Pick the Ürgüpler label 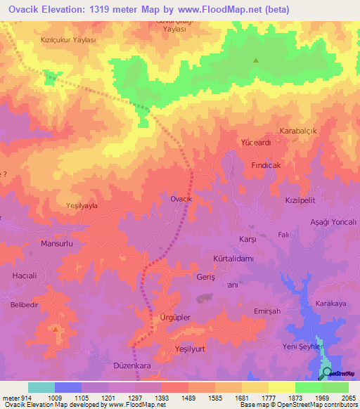[175, 318]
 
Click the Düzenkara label [132, 366]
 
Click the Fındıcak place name [266, 164]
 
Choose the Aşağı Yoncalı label [333, 221]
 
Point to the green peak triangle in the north [255, 60]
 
